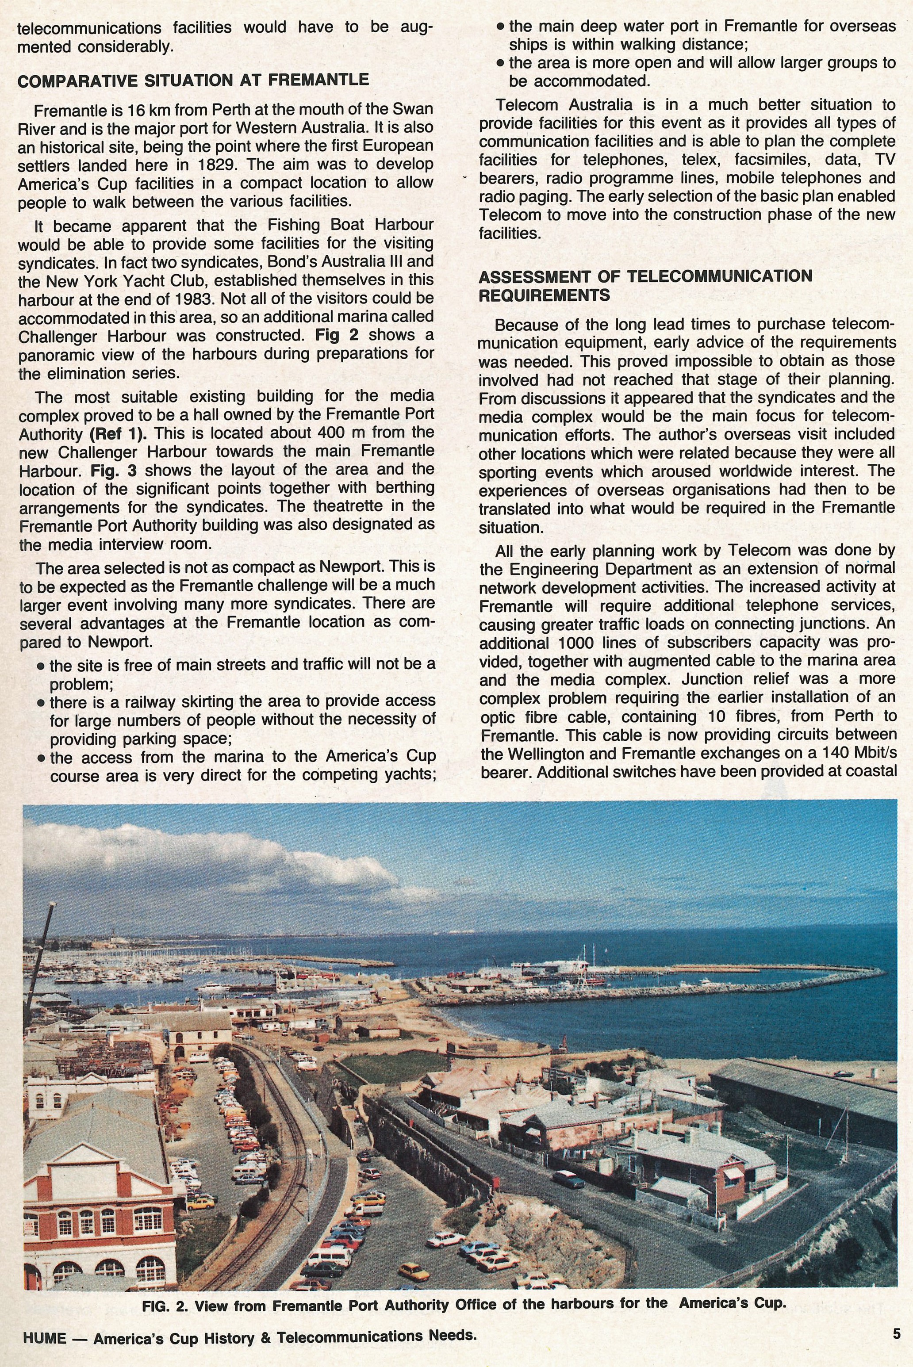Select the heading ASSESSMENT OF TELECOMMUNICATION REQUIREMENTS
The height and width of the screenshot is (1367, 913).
(645, 285)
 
